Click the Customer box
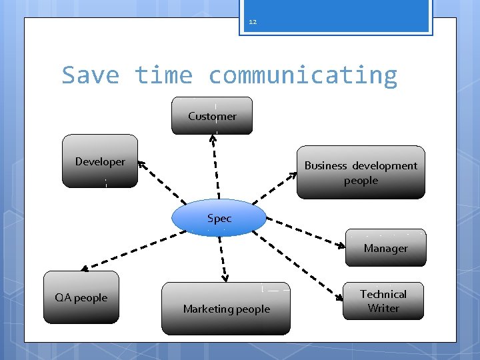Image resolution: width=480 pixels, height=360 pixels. tap(212, 116)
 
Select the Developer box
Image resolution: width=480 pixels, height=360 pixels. tap(100, 161)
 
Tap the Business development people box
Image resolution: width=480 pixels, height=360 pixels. tap(361, 173)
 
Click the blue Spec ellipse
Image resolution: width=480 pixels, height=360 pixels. tap(219, 218)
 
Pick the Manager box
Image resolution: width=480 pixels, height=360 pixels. tap(385, 248)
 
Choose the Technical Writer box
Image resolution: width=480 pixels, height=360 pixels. tap(383, 301)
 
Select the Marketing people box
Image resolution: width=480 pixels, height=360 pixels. tap(226, 309)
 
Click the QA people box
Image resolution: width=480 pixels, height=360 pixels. tap(81, 297)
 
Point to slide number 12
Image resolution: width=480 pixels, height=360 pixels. tap(253, 22)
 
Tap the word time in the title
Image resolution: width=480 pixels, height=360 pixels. tap(163, 75)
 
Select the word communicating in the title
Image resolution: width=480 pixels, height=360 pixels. tap(303, 75)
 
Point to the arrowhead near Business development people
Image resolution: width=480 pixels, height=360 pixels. tap(293, 175)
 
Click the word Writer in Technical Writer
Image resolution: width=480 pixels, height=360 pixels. tap(383, 308)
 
